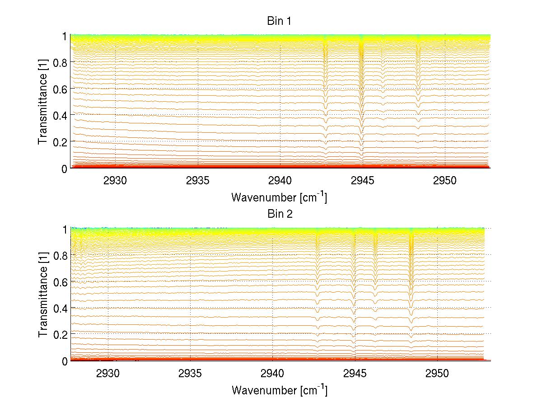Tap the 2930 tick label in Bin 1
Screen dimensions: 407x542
[116, 180]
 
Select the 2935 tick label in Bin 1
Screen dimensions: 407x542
[198, 180]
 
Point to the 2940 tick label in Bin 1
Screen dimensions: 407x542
[280, 180]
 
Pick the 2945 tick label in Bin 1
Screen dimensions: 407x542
[363, 180]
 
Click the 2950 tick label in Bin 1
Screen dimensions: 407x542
[445, 180]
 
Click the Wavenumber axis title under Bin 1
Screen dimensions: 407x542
[279, 197]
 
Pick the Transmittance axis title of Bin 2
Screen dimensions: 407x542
[43, 295]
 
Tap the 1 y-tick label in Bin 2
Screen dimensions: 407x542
[65, 229]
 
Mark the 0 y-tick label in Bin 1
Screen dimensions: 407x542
[65, 168]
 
